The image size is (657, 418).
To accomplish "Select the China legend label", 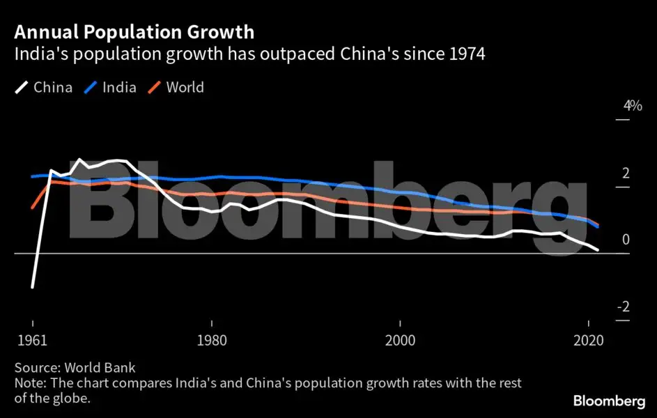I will (x=53, y=88).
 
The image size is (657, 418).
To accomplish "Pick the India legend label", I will (x=119, y=88).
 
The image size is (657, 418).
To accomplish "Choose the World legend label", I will (x=185, y=88).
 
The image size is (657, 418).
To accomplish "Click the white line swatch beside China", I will (x=22, y=88).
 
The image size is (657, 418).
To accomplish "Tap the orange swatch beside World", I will (x=155, y=88).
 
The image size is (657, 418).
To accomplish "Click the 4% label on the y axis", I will (x=633, y=106).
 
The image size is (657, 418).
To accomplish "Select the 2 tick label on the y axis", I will (x=626, y=173).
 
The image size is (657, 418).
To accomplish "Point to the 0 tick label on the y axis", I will (x=626, y=240).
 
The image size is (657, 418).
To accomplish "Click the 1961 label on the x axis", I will (x=32, y=342).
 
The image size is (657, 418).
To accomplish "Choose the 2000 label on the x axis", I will (x=400, y=342).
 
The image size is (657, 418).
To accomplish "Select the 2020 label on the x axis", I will (x=589, y=342).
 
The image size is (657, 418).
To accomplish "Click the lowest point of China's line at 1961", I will (x=32, y=286).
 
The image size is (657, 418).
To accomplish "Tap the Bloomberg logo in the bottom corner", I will (x=608, y=401).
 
